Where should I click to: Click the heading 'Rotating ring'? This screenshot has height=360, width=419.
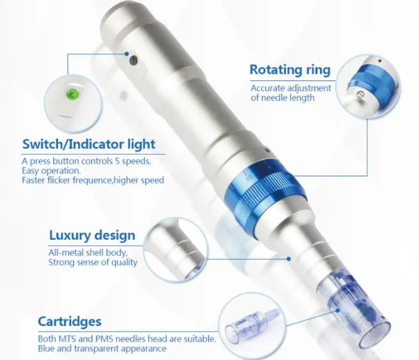[x=290, y=70]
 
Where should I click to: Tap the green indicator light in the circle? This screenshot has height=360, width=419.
[x=72, y=94]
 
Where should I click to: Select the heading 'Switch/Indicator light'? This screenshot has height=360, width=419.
[x=89, y=144]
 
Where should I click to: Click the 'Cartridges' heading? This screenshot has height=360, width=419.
[x=70, y=322]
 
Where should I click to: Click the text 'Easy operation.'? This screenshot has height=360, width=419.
[x=51, y=171]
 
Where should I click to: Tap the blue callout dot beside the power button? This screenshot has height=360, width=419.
[x=127, y=54]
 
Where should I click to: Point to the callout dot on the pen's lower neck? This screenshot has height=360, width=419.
[x=289, y=259]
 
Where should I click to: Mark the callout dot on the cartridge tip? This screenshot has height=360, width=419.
[x=338, y=311]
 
